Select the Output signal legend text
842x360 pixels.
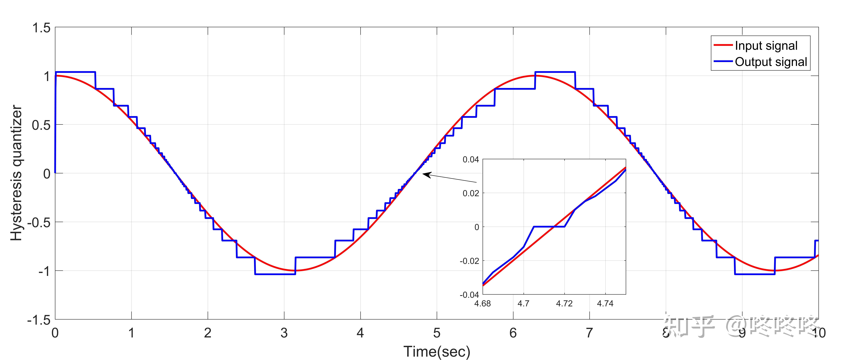(x=771, y=62)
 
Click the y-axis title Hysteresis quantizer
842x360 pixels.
(x=16, y=173)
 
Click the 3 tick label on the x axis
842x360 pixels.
(x=284, y=333)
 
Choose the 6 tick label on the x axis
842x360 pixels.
(x=513, y=333)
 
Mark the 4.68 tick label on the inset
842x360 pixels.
(x=482, y=303)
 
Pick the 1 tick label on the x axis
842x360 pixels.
(x=131, y=333)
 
